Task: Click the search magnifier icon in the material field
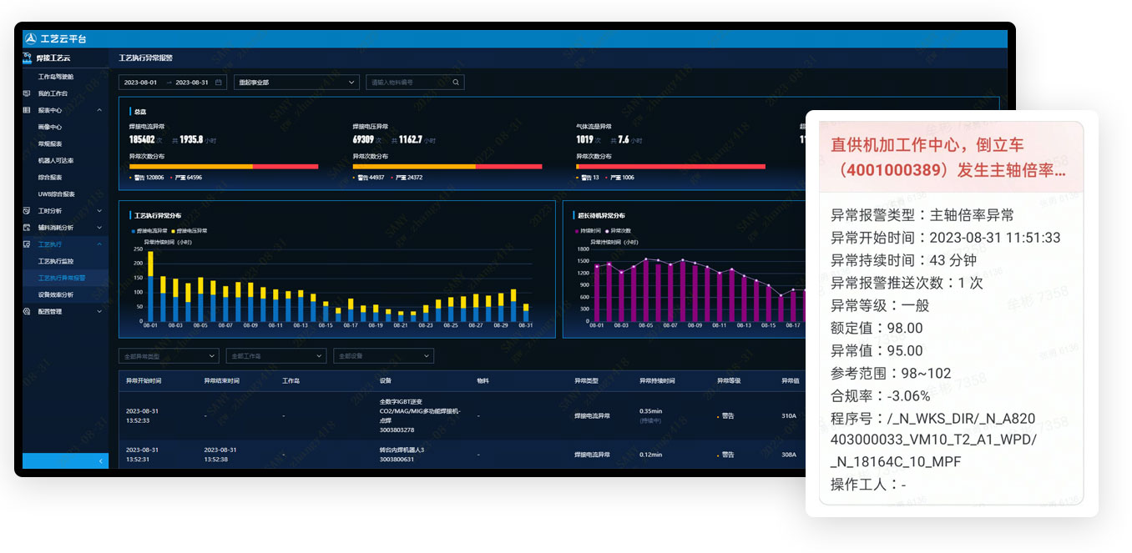pos(456,83)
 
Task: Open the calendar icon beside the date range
pos(219,83)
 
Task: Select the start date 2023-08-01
pos(140,83)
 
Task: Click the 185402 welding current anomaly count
pos(142,140)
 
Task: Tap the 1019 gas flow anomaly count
pos(584,140)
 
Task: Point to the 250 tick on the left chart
pos(138,249)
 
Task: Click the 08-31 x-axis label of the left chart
pos(525,325)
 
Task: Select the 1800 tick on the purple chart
pos(584,249)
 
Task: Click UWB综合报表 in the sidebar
pos(57,194)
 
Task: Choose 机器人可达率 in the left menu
pos(56,160)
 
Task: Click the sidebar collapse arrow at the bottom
pos(100,461)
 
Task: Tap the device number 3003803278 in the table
pos(397,430)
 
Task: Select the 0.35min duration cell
pos(651,411)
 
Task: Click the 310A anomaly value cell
pos(789,415)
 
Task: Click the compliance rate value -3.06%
pos(903,396)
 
